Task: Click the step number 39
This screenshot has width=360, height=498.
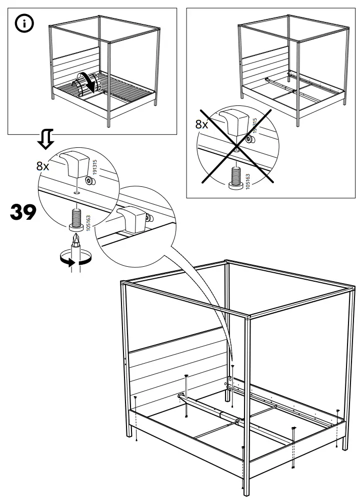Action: (x=23, y=213)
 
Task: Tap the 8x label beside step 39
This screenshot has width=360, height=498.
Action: (x=43, y=166)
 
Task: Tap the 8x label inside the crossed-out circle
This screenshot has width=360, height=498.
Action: (x=201, y=124)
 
